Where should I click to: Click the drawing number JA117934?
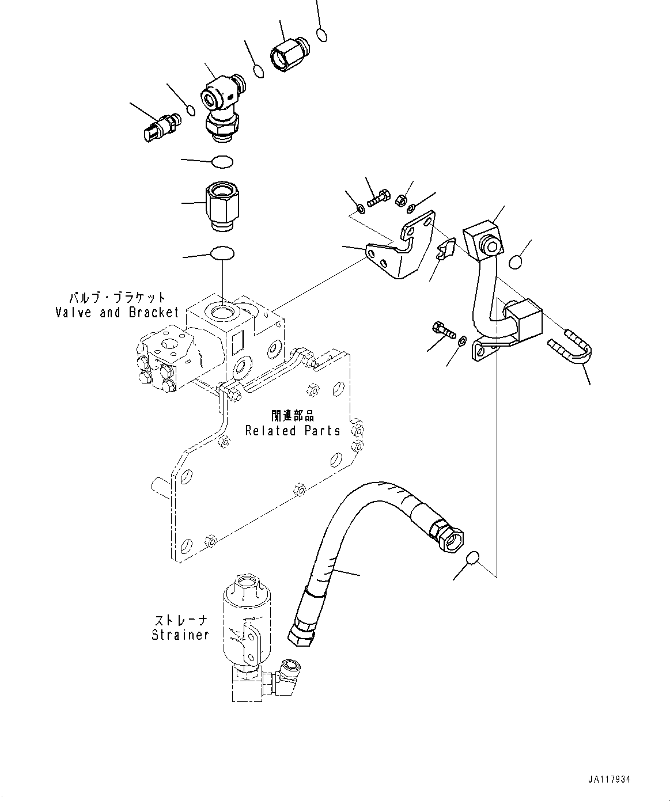(x=610, y=779)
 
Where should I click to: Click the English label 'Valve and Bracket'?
(x=117, y=313)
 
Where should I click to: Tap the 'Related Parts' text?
(x=293, y=430)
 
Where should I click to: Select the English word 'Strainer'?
(x=180, y=635)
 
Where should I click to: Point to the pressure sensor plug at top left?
(x=160, y=126)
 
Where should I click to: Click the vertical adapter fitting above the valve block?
(x=222, y=206)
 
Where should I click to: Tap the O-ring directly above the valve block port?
(x=222, y=253)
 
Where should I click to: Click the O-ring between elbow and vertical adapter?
(x=222, y=162)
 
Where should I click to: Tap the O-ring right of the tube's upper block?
(x=516, y=262)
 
